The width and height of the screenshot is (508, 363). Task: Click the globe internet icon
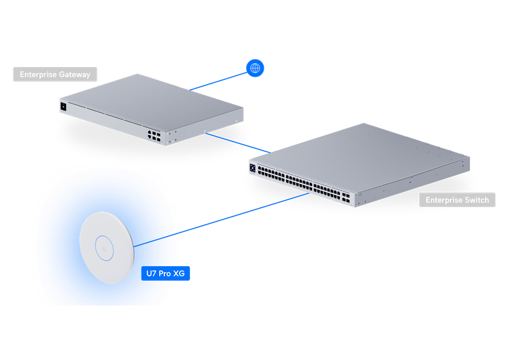(255, 68)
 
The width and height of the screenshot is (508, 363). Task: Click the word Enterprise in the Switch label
(443, 200)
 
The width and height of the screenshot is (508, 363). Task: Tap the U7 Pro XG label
(166, 273)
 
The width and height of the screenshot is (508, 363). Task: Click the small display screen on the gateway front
(63, 107)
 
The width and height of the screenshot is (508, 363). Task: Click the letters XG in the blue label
(179, 273)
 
